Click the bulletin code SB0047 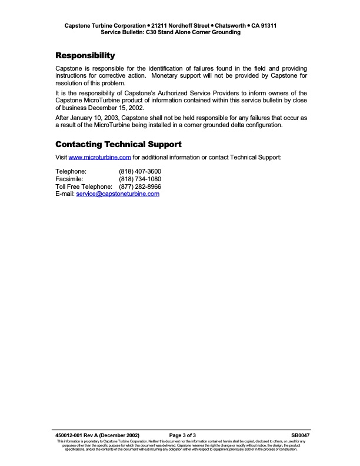300,435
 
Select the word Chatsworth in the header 230,26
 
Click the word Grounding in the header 226,33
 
